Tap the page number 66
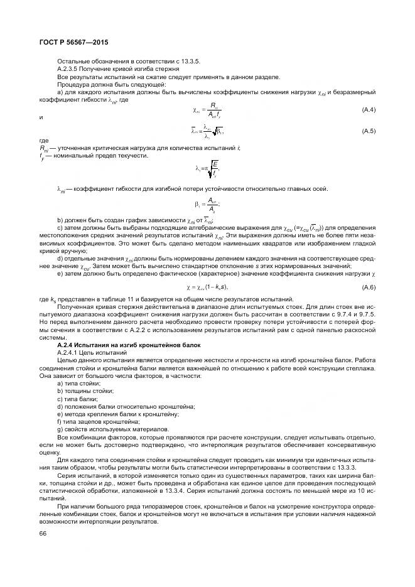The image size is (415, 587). pos(43,534)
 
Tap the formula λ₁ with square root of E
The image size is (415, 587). pos(207,168)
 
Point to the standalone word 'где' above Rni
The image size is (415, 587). pos(43,141)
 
